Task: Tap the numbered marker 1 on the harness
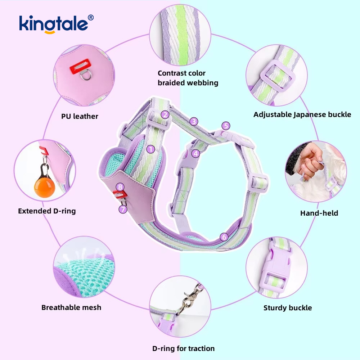tap(151, 148)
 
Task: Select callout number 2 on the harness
tap(165, 115)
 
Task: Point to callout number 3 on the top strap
tap(194, 121)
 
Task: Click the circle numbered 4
tap(196, 153)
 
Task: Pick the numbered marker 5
tap(226, 126)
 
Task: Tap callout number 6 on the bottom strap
tap(224, 237)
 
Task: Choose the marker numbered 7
tap(123, 209)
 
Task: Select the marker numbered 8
tap(120, 186)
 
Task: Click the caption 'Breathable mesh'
tap(71, 307)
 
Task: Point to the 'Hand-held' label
tap(319, 213)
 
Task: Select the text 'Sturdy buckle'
tap(288, 308)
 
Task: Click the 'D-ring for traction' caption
tap(183, 348)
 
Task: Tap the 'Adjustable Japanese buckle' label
tap(302, 114)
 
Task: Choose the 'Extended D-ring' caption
tap(47, 211)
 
